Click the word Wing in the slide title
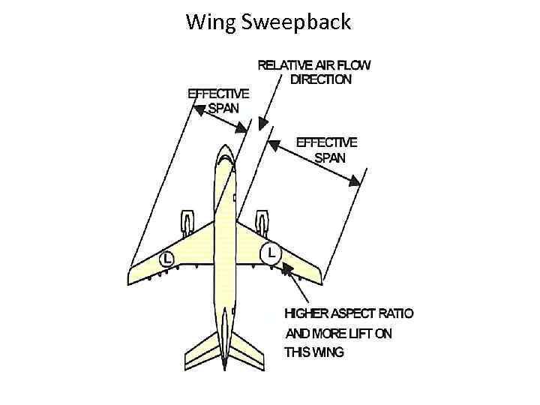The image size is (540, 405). coord(211,22)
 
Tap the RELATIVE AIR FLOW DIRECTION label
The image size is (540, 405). coord(314,72)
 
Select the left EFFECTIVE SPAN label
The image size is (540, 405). coord(218,100)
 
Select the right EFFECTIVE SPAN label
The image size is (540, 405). coord(327,149)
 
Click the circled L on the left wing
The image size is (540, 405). coord(166,259)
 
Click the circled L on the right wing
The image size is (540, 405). coord(270,252)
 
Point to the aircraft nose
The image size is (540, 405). coord(225,149)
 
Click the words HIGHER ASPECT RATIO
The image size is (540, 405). coord(349,314)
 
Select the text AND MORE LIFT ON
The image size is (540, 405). coord(338,333)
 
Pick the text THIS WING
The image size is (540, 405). coord(314,352)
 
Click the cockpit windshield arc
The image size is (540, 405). coord(225,160)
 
